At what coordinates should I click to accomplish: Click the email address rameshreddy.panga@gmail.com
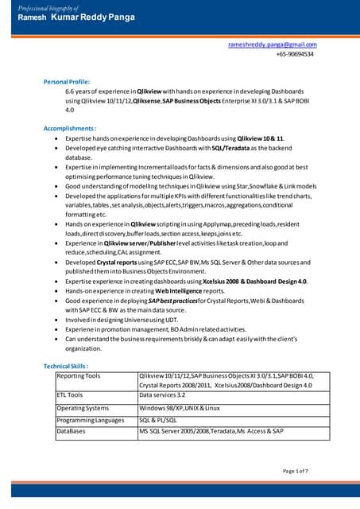(x=272, y=45)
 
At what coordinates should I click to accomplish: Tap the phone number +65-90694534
(x=295, y=55)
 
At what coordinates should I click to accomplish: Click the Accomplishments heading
(x=70, y=127)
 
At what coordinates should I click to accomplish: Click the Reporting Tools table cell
(x=79, y=375)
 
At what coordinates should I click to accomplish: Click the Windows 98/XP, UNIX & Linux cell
(x=179, y=408)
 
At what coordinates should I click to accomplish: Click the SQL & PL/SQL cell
(x=158, y=420)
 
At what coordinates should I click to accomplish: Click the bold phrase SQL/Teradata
(x=229, y=148)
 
